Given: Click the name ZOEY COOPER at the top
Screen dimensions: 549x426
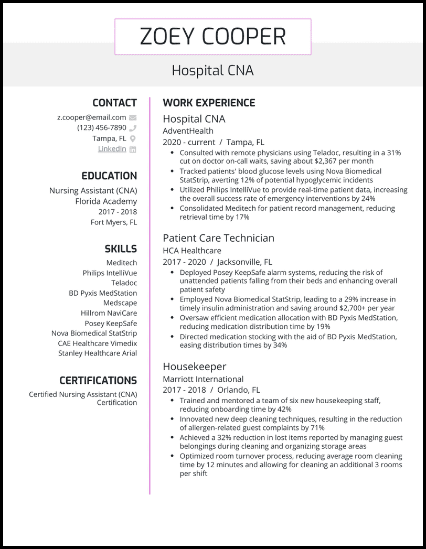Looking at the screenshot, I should point(212,37).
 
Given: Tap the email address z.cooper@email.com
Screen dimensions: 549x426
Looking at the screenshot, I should point(91,117).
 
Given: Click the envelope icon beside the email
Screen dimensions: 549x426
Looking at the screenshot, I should point(133,117).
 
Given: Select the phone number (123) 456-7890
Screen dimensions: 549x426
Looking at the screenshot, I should point(101,127).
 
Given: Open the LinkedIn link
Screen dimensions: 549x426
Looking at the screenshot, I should point(112,148).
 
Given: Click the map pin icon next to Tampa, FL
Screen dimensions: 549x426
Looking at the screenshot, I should point(133,138).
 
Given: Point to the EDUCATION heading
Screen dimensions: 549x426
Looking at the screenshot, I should point(109,176).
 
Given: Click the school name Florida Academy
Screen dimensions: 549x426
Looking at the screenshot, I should point(105,201).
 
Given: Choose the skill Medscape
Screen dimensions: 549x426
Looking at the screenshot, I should point(120,303).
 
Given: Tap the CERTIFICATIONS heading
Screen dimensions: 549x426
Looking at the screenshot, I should point(98,381).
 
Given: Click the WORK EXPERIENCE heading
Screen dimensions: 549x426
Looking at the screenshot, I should point(209,103).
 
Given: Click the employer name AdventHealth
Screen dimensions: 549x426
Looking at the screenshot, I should point(188,131).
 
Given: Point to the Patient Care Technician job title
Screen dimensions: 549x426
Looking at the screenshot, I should point(218,238).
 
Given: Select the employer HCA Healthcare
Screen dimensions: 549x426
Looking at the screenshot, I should point(192,251).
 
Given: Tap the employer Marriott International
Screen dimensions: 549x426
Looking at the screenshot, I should point(203,379).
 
